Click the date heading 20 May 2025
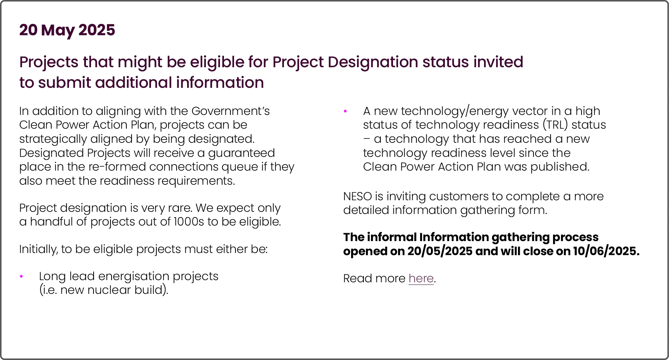point(67,30)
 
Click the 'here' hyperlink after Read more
point(421,278)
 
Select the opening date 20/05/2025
point(440,251)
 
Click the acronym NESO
point(357,196)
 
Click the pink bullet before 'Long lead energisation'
point(22,277)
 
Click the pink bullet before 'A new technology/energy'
point(345,111)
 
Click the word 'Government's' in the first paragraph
point(230,111)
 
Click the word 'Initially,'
point(38,249)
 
